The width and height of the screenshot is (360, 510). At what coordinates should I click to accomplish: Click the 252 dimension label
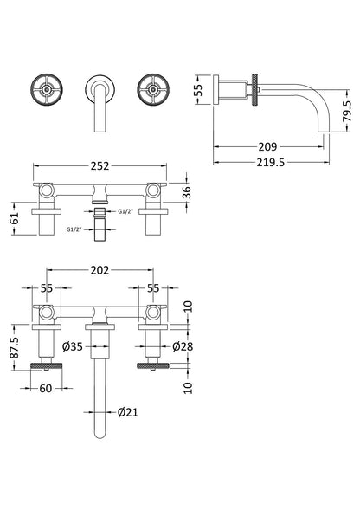pyautogui.click(x=100, y=166)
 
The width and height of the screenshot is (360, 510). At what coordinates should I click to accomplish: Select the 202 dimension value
pyautogui.click(x=100, y=270)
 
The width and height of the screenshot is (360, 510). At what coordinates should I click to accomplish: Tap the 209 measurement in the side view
pyautogui.click(x=267, y=146)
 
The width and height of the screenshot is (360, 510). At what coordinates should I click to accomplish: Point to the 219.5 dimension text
pyautogui.click(x=271, y=162)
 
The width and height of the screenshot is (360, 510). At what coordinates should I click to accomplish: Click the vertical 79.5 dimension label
pyautogui.click(x=347, y=111)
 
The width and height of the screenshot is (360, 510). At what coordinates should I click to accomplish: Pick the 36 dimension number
pyautogui.click(x=186, y=192)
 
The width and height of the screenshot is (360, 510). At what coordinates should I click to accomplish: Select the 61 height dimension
pyautogui.click(x=16, y=218)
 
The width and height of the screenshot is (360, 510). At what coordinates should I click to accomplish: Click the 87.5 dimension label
pyautogui.click(x=16, y=347)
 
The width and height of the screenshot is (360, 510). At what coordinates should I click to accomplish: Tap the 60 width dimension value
pyautogui.click(x=46, y=388)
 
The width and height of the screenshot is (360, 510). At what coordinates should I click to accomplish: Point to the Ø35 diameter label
pyautogui.click(x=73, y=346)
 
